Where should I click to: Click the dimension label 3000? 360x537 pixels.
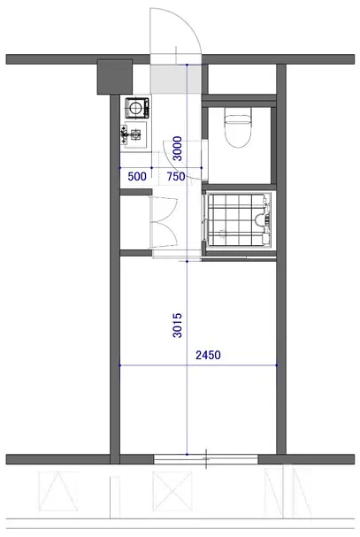(178, 149)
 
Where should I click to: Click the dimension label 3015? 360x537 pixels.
(178, 326)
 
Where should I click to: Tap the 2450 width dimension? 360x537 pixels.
(208, 355)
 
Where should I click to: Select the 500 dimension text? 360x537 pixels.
(137, 176)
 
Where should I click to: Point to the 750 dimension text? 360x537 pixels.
(176, 176)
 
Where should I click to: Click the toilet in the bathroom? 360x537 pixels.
(238, 127)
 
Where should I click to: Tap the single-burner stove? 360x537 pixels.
(137, 108)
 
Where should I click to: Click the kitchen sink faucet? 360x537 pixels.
(125, 134)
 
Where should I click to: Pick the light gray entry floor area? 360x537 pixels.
(176, 80)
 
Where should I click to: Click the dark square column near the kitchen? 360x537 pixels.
(115, 77)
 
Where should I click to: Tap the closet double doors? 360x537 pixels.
(164, 222)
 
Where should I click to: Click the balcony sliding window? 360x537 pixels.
(205, 459)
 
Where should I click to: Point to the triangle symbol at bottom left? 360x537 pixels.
(57, 491)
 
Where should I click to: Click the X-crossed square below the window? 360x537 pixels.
(172, 491)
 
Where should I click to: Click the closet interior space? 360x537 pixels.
(135, 223)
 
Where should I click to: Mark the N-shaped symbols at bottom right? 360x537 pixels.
(287, 493)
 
